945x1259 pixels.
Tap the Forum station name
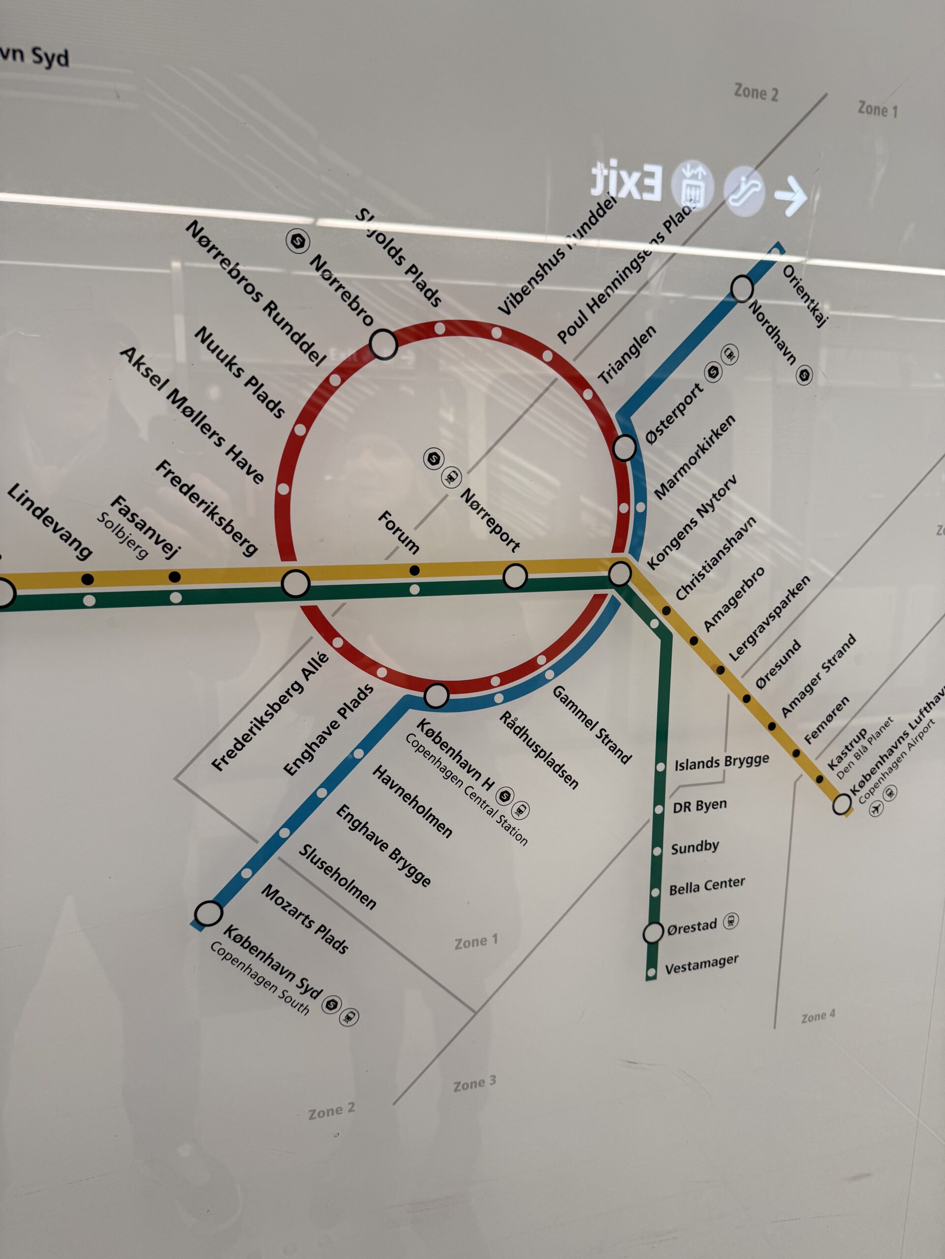click(399, 532)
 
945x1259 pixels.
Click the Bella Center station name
click(706, 886)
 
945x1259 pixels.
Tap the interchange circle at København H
click(437, 695)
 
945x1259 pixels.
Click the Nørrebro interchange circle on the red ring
click(383, 343)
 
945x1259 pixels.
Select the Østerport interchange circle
click(624, 448)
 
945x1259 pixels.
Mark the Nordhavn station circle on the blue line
click(742, 288)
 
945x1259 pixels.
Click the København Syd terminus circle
click(209, 913)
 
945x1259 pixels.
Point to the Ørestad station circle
click(653, 932)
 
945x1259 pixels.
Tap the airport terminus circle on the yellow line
click(841, 804)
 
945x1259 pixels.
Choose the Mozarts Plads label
click(304, 919)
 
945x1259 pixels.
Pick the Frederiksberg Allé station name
click(270, 712)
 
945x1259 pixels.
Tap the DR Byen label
click(699, 806)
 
